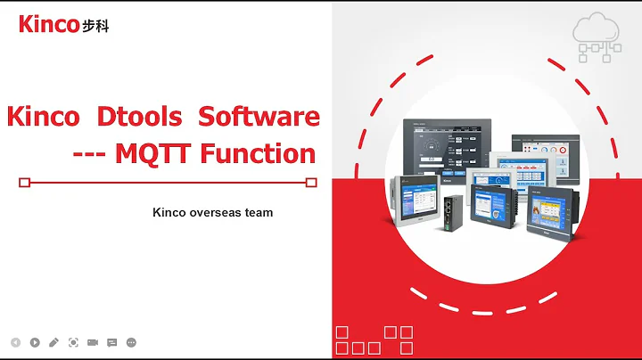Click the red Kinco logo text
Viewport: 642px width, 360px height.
[48, 24]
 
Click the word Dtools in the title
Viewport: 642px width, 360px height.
[139, 117]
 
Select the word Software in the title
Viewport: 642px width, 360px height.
[259, 117]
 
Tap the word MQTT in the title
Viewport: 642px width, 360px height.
[152, 153]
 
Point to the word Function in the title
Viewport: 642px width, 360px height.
[258, 153]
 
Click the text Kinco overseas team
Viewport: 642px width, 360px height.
[212, 213]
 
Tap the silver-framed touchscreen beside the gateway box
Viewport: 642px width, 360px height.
[414, 204]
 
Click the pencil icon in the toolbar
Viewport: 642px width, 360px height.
[53, 342]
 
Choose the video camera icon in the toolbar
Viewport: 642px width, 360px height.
[93, 342]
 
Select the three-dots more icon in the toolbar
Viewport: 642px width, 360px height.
[132, 342]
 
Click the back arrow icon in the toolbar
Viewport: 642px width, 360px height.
[15, 342]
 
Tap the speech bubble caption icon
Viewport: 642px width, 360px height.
[112, 342]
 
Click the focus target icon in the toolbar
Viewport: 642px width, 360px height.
[73, 342]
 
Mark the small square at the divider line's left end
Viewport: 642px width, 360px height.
[24, 183]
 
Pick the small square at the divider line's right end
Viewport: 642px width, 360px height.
[311, 183]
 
